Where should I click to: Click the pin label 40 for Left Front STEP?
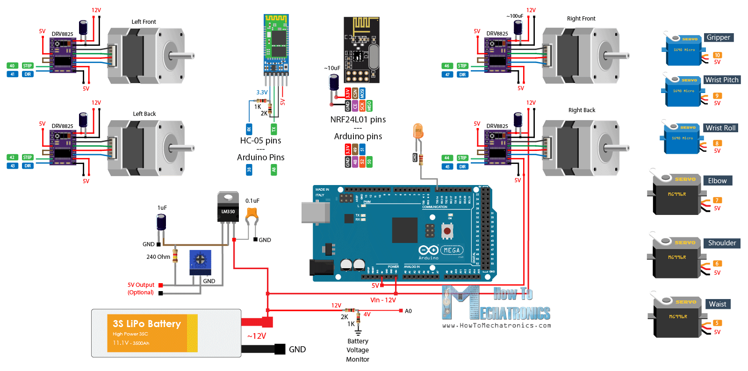pyautogui.click(x=12, y=66)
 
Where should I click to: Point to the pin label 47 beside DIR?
pyautogui.click(x=447, y=74)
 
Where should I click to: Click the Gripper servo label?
pyautogui.click(x=718, y=37)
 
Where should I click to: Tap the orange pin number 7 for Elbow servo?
pyautogui.click(x=717, y=200)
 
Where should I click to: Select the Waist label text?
pyautogui.click(x=718, y=304)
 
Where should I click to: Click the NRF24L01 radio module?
pyautogui.click(x=361, y=50)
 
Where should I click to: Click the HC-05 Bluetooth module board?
pyautogui.click(x=276, y=44)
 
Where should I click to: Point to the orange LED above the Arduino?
pyautogui.click(x=418, y=131)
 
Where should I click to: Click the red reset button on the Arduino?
pyautogui.click(x=447, y=231)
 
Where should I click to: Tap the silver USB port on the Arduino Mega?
pyautogui.click(x=316, y=212)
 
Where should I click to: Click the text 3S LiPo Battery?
pyautogui.click(x=146, y=324)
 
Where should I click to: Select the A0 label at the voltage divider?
pyautogui.click(x=408, y=311)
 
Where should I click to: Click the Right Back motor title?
pyautogui.click(x=582, y=110)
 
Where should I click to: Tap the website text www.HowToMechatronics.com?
pyautogui.click(x=496, y=326)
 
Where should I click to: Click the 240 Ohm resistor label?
pyautogui.click(x=158, y=257)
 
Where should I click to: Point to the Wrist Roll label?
pyautogui.click(x=720, y=128)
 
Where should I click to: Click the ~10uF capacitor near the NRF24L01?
pyautogui.click(x=334, y=83)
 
